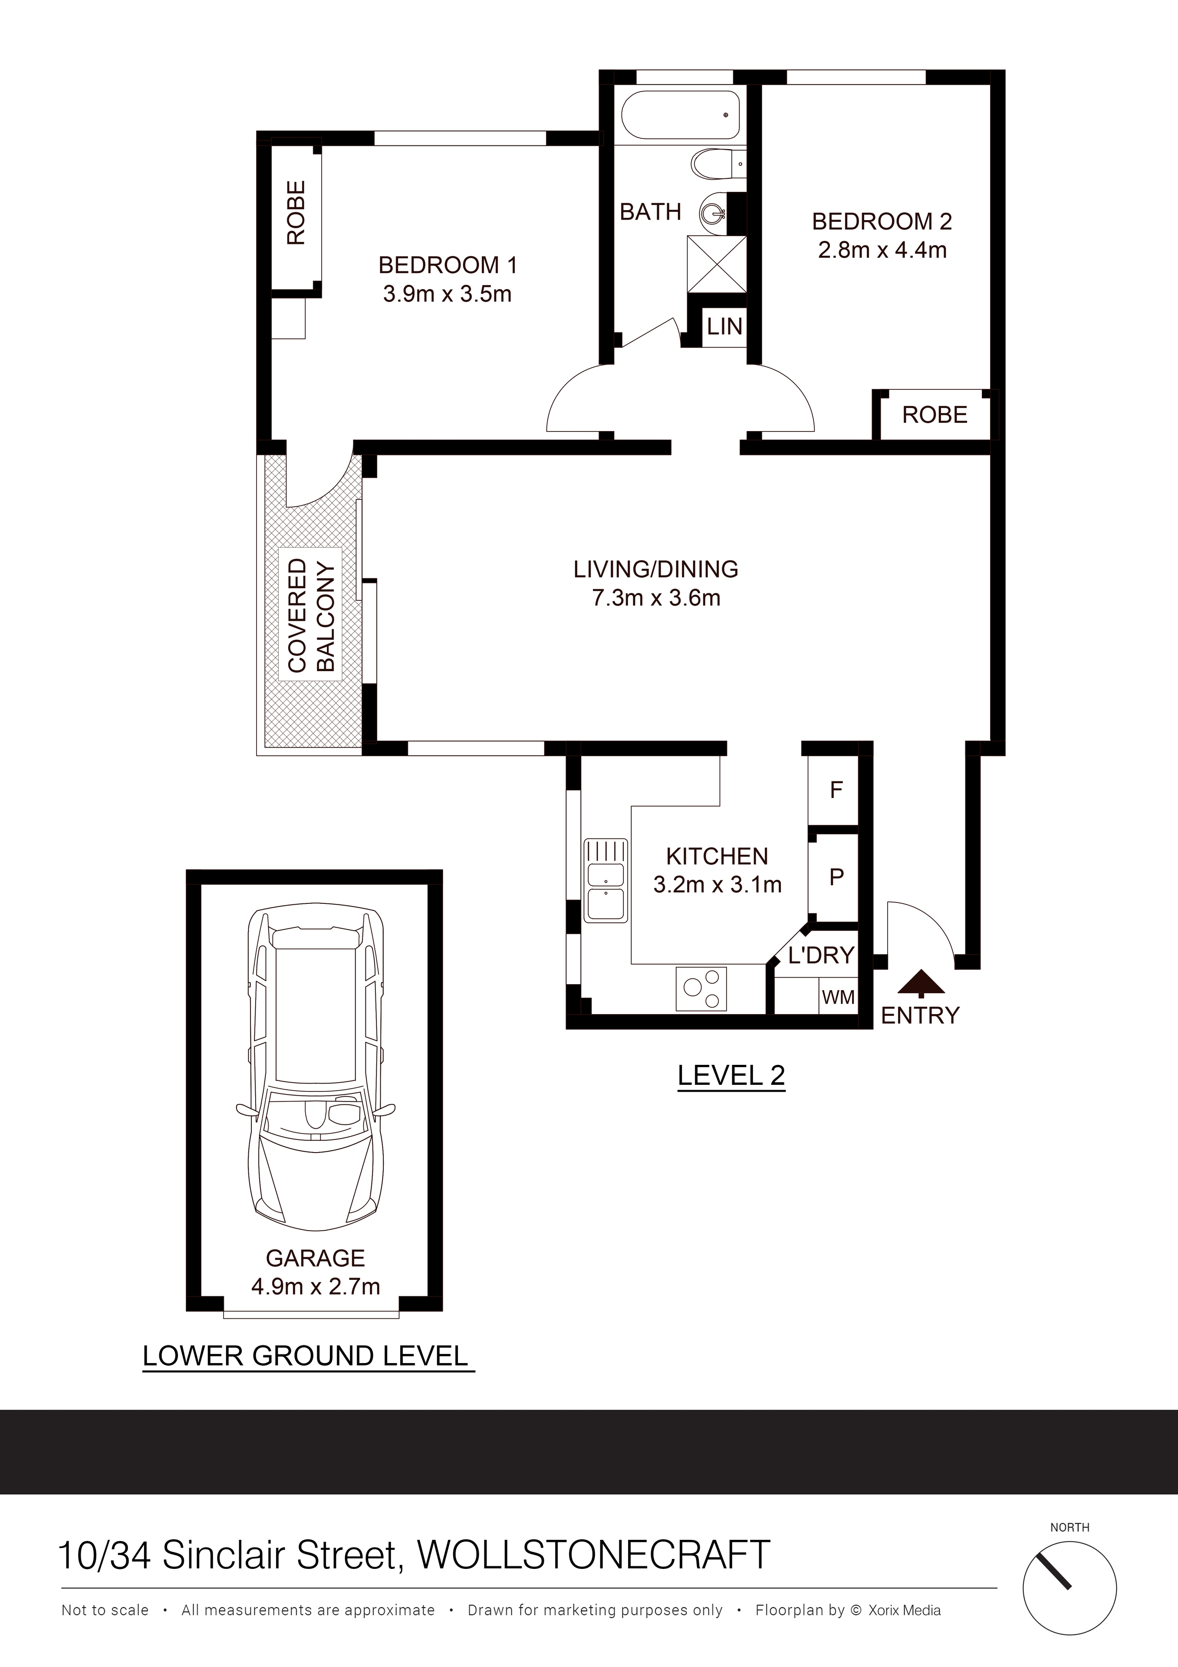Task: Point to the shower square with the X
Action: point(716,265)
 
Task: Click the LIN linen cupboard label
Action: point(724,327)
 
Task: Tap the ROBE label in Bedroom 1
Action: point(296,213)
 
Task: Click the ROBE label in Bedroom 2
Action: point(935,415)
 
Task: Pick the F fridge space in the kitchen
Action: point(836,790)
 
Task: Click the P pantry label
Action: point(836,877)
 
